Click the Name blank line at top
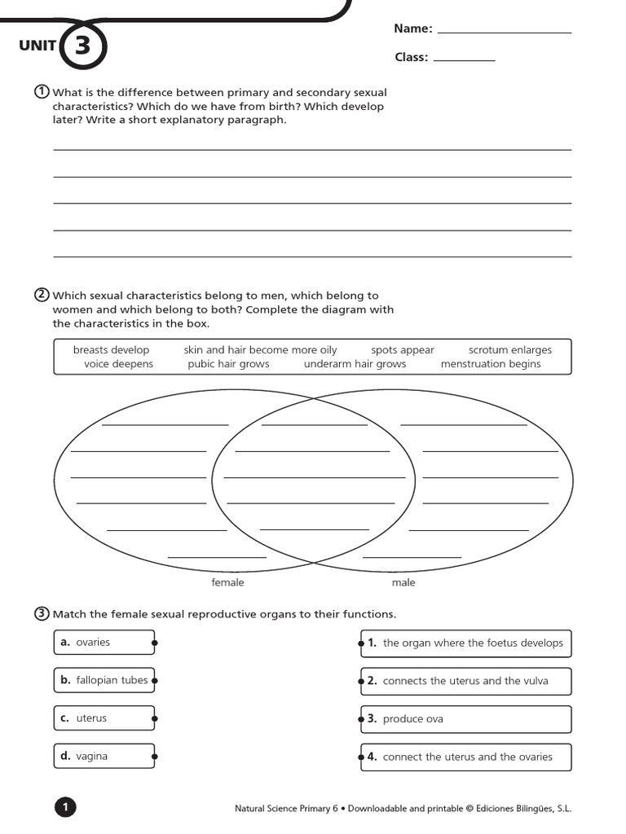[505, 32]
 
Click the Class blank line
[464, 60]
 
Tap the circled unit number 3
[82, 46]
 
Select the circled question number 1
[42, 91]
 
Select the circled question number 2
[42, 295]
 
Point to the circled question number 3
[42, 613]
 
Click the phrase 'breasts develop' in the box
[112, 350]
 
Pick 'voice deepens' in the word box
[118, 364]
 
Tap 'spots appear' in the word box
[403, 350]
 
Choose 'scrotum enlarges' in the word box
[510, 350]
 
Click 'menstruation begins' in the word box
[491, 364]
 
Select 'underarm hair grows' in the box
[355, 364]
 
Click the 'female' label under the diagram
[227, 582]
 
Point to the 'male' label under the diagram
[403, 582]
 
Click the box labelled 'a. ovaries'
[104, 643]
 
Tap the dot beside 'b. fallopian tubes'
[155, 681]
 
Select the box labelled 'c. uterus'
[104, 718]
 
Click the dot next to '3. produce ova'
[360, 719]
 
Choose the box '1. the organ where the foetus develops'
[466, 643]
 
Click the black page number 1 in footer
[65, 808]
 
